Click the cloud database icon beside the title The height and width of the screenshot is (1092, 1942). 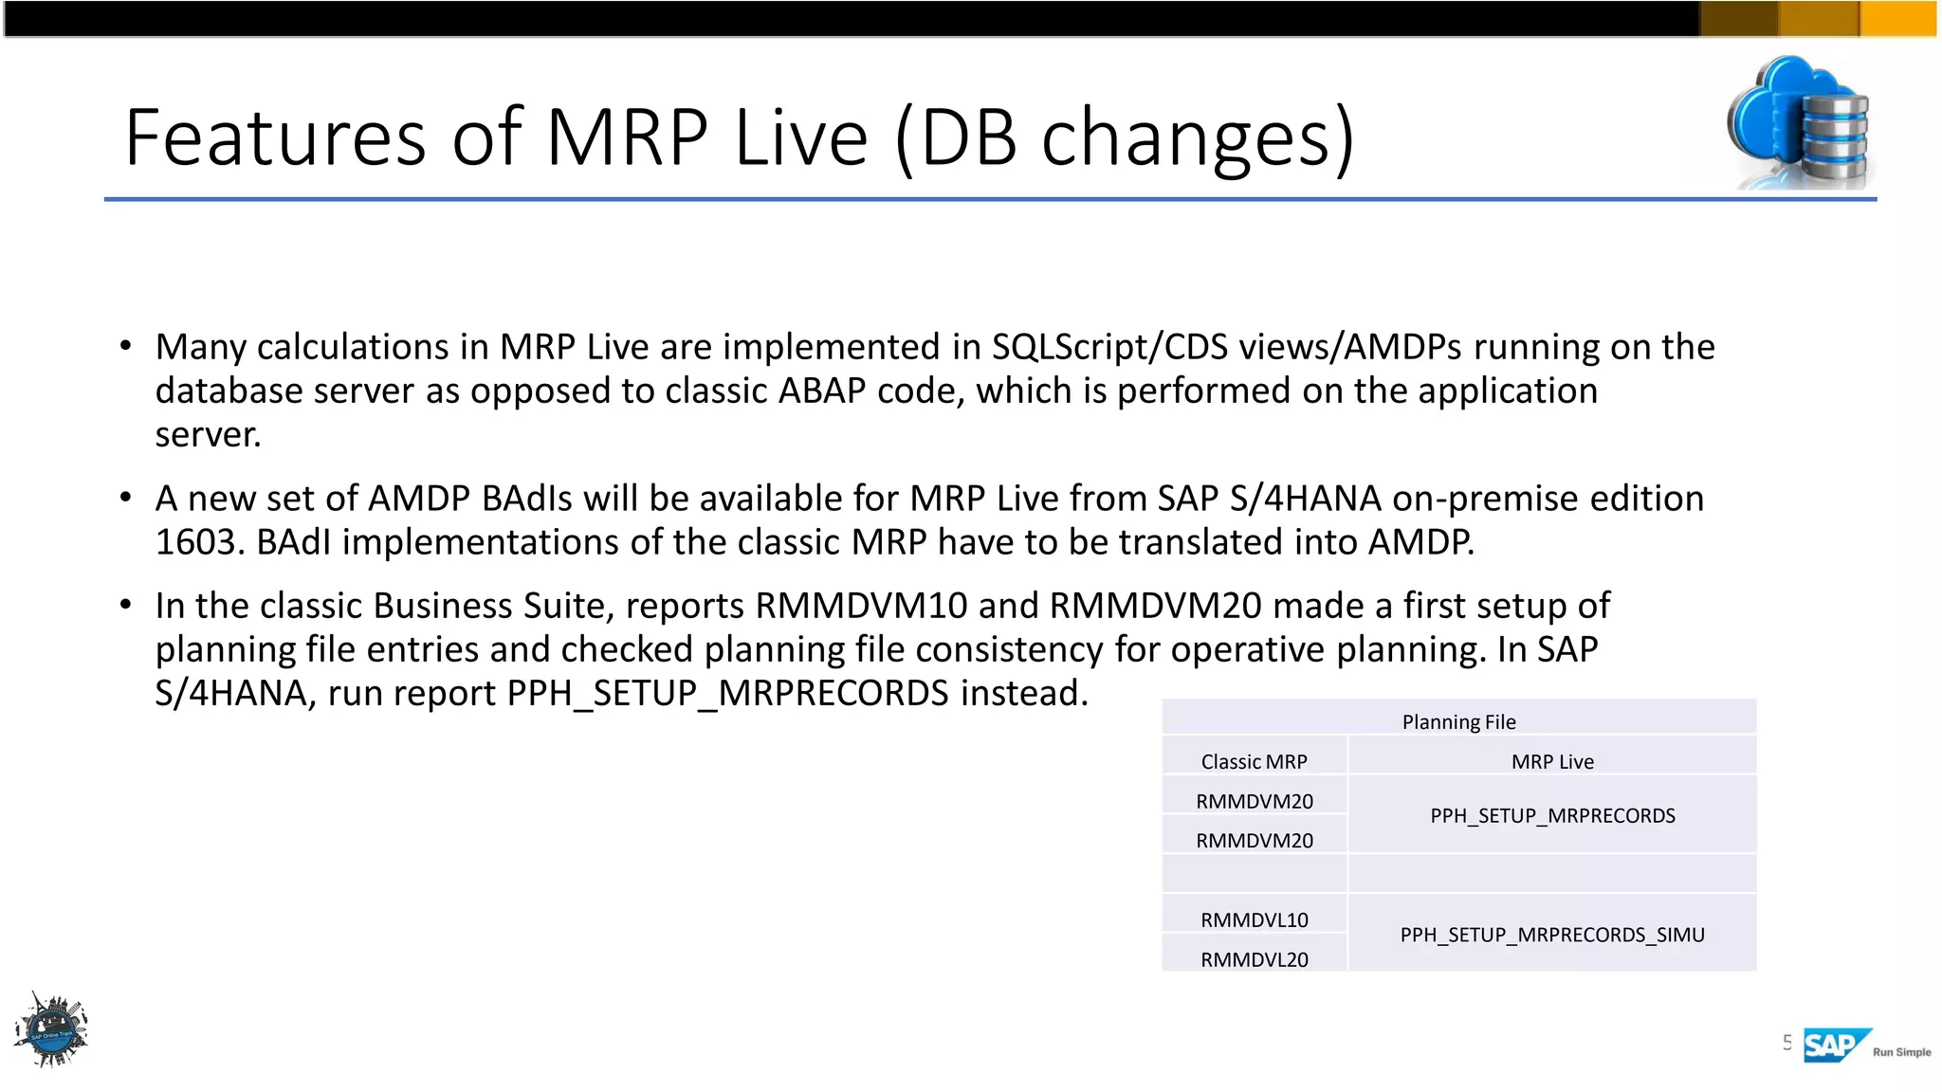point(1798,123)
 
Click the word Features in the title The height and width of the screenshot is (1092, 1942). point(275,138)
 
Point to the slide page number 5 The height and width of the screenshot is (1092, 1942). point(1786,1043)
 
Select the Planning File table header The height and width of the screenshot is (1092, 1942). point(1458,721)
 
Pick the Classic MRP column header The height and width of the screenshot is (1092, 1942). point(1254,761)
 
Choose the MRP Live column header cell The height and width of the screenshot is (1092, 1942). point(1552,761)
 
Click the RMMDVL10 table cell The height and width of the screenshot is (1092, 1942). point(1254,919)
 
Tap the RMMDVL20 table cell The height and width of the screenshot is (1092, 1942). point(1254,959)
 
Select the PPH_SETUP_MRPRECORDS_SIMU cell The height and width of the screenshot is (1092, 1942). point(1552,935)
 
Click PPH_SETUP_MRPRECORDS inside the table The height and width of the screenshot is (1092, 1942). point(1552,815)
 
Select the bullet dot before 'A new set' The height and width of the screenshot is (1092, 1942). point(125,497)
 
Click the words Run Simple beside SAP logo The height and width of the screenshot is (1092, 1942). point(1901,1052)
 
